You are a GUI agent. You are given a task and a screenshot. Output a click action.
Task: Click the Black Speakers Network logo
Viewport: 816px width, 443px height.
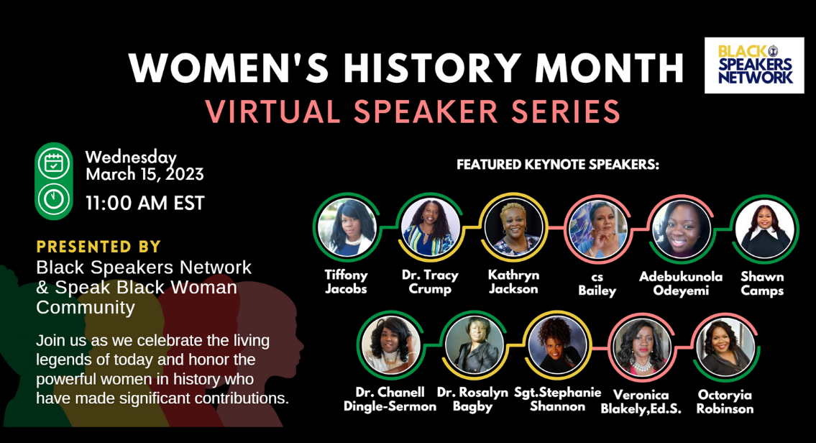pyautogui.click(x=754, y=65)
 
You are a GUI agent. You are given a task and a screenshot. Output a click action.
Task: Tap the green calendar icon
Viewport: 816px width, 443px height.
pyautogui.click(x=54, y=163)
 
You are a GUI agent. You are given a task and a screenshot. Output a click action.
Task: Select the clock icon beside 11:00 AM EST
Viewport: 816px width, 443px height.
pyautogui.click(x=54, y=199)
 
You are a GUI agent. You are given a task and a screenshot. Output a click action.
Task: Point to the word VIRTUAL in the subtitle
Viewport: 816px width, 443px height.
pyautogui.click(x=272, y=111)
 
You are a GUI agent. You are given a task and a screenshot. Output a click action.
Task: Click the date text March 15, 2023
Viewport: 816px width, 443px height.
pyautogui.click(x=145, y=174)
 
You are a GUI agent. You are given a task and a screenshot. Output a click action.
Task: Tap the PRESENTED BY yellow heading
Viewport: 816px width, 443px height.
pyautogui.click(x=98, y=246)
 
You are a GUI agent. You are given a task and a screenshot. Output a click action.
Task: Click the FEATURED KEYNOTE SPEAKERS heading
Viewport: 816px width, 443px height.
pyautogui.click(x=558, y=165)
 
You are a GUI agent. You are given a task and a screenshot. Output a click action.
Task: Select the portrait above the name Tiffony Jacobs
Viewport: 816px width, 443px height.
pyautogui.click(x=347, y=227)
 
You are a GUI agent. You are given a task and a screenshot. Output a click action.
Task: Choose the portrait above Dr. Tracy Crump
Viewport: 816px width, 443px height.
pyautogui.click(x=430, y=227)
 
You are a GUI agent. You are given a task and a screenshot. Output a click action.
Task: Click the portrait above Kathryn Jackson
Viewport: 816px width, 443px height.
pyautogui.click(x=513, y=227)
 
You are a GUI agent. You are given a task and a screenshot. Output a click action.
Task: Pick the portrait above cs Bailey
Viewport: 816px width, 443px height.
pyautogui.click(x=597, y=229)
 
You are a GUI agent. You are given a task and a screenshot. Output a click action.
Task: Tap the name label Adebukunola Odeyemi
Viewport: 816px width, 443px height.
pyautogui.click(x=681, y=284)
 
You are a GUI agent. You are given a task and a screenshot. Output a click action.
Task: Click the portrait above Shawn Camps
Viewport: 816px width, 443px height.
pyautogui.click(x=764, y=229)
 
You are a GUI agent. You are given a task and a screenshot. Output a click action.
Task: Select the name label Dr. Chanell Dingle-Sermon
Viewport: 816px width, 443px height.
pyautogui.click(x=390, y=400)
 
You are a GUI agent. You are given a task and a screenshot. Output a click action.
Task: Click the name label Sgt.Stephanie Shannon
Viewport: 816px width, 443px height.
pyautogui.click(x=557, y=400)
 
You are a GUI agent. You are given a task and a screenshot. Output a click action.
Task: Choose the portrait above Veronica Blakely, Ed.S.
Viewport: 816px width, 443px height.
pyautogui.click(x=641, y=347)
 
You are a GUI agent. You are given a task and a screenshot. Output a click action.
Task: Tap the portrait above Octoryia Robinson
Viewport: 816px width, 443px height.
pyautogui.click(x=725, y=347)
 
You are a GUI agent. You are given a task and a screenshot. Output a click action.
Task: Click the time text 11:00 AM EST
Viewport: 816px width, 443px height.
pyautogui.click(x=145, y=203)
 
